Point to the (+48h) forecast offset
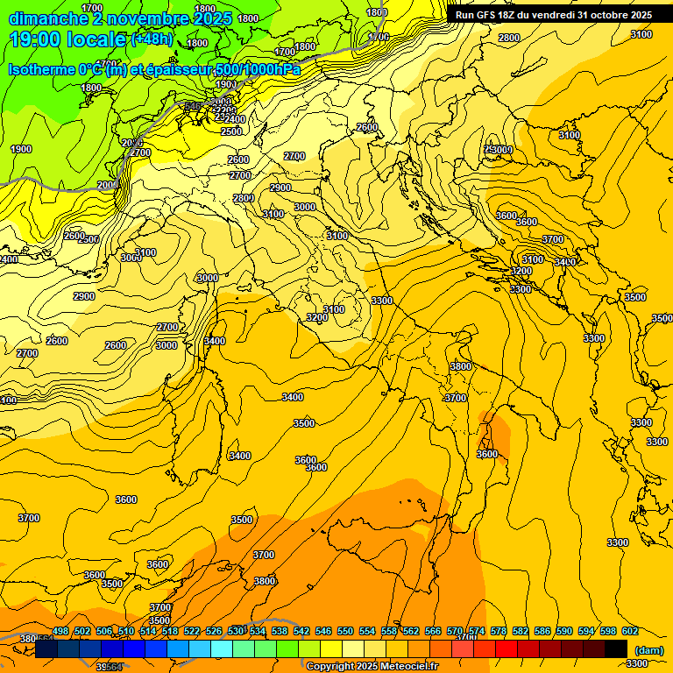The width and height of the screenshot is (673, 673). (x=152, y=39)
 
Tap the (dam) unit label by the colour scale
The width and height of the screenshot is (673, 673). (x=648, y=649)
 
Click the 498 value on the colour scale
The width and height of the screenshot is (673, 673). (x=60, y=631)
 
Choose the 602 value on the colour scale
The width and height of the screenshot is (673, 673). (x=630, y=631)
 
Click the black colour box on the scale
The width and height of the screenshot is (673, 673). (x=616, y=648)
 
